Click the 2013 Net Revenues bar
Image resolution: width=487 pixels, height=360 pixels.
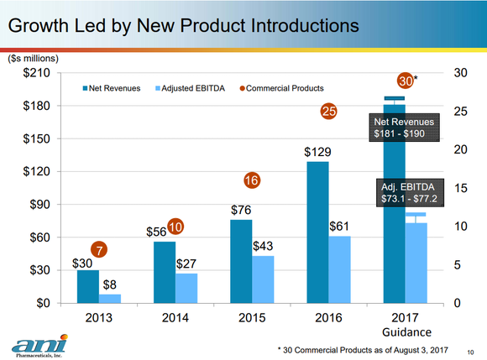coord(88,286)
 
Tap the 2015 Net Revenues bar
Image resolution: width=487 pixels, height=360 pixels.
coord(241,261)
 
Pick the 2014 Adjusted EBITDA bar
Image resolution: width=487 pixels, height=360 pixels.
coord(186,288)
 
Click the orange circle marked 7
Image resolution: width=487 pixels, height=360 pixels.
coord(100,250)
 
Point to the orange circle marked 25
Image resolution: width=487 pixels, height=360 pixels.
coord(328,111)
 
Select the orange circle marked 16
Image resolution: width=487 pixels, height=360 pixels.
coord(251,180)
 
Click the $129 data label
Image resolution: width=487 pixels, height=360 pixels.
coord(318,153)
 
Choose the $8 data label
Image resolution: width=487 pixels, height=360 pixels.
coord(110,285)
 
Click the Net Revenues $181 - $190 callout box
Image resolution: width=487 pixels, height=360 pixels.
coord(403,128)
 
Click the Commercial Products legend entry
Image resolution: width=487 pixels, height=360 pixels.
coord(282,88)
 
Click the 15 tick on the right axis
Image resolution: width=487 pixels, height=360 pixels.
coord(461,188)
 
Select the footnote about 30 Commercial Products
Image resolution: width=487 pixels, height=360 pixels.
coord(363,348)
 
